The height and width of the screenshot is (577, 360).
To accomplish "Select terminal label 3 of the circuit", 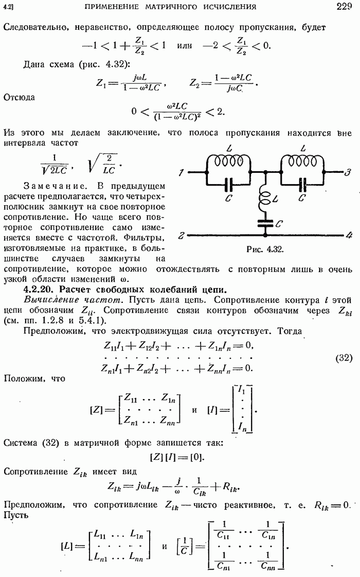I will (x=349, y=171).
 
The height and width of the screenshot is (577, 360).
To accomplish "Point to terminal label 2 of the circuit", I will (x=182, y=236).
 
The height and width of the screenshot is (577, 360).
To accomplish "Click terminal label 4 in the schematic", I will (x=349, y=236).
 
